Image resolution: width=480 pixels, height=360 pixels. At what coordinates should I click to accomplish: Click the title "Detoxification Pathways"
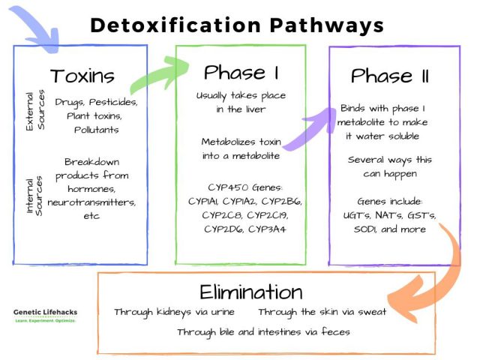(x=237, y=25)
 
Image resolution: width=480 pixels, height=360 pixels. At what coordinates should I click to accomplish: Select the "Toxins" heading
(x=82, y=76)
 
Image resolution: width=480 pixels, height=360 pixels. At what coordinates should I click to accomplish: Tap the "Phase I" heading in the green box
(x=241, y=73)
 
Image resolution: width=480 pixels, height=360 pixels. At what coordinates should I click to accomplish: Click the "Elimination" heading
(x=251, y=291)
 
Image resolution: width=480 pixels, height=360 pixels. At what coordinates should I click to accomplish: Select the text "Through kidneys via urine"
(x=174, y=312)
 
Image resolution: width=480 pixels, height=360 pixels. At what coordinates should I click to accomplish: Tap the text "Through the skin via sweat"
(x=322, y=312)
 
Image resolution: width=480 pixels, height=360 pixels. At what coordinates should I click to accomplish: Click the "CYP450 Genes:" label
(x=240, y=187)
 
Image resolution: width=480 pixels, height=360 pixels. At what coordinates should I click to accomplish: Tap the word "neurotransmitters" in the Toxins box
(x=91, y=202)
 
